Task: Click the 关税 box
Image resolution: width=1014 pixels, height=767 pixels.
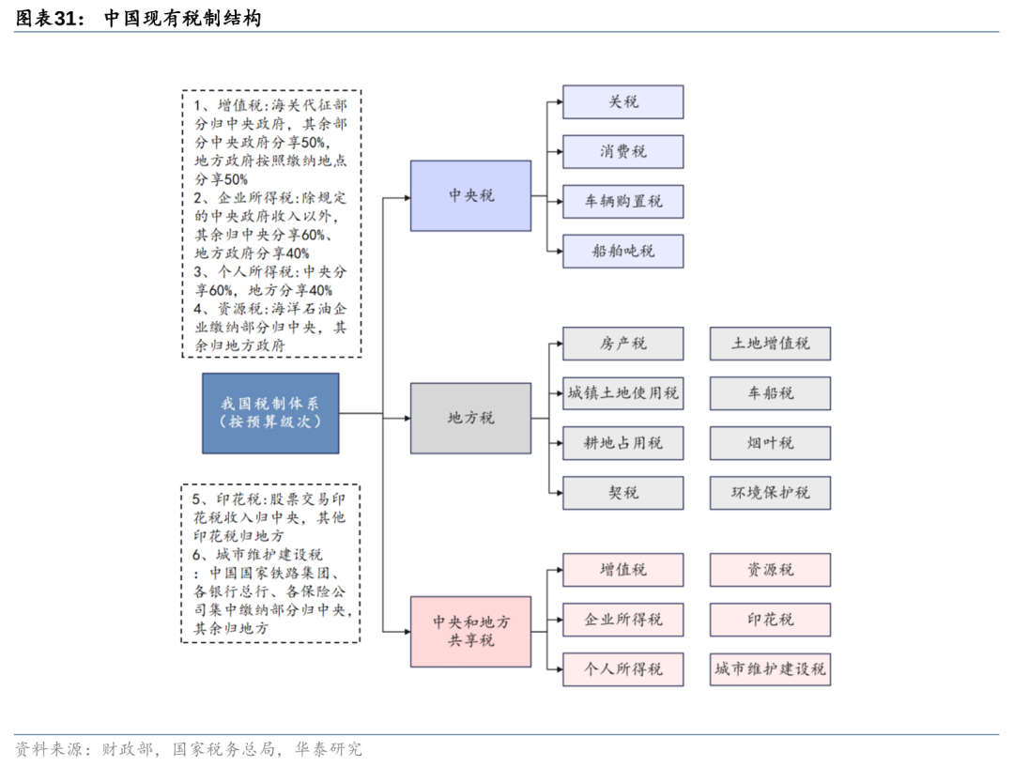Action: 622,101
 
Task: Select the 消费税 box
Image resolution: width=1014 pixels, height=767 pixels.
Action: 622,151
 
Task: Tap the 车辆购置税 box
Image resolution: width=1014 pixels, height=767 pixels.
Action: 622,201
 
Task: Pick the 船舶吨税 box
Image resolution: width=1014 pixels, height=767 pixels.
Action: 622,251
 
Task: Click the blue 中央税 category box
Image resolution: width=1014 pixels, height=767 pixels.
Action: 470,195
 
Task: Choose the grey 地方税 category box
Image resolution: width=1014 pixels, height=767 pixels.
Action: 470,418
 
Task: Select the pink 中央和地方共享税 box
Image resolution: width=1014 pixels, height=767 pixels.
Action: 470,631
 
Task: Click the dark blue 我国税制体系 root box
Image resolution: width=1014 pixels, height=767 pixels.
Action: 270,413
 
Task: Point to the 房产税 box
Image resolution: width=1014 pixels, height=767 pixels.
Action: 622,343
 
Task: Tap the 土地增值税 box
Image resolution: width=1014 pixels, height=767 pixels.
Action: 770,343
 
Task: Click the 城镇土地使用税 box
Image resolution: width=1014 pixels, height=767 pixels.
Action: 622,392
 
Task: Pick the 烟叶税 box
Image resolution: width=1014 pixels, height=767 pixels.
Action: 770,442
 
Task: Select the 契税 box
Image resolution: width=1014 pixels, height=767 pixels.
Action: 622,492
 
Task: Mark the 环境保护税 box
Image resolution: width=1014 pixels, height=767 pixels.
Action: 770,492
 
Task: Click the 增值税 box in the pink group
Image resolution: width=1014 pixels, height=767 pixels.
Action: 622,570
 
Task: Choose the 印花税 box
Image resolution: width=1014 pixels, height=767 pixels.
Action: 770,620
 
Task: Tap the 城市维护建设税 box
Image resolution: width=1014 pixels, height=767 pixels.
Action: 770,669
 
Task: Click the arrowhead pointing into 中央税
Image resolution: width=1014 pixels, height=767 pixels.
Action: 406,197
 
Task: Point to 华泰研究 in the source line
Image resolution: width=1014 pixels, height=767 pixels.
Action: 328,749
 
